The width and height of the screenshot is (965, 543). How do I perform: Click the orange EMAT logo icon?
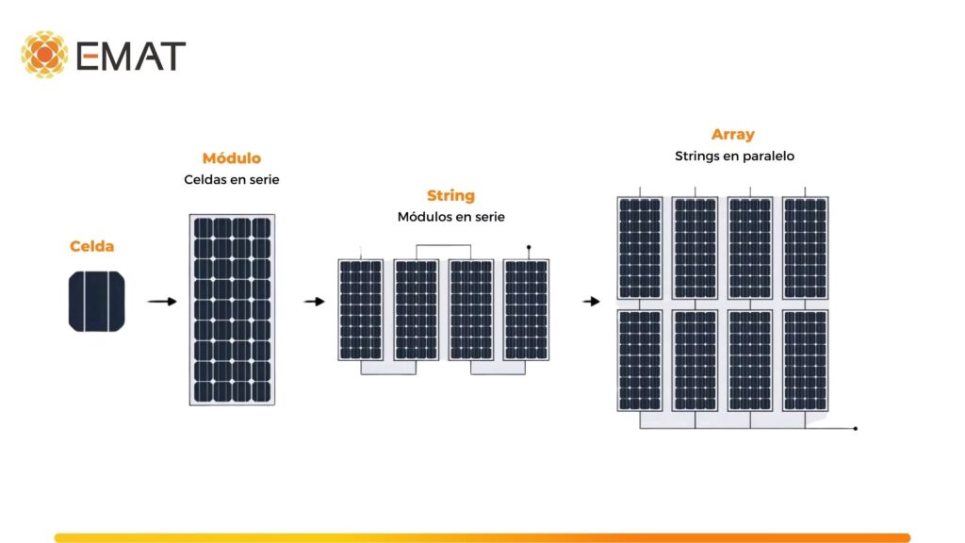pos(44,54)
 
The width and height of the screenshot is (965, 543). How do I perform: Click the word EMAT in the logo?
pos(131,56)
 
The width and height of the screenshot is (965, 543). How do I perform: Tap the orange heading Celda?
pos(91,246)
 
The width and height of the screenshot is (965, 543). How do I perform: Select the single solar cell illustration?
pos(97,302)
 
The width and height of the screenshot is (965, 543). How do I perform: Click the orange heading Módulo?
pos(232,158)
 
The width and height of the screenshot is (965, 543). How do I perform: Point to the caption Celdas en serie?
pos(232,179)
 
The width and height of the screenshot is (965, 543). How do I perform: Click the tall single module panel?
pos(233,310)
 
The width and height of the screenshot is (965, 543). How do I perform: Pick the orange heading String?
pos(450,196)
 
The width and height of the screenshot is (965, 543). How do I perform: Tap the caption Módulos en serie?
pos(450,217)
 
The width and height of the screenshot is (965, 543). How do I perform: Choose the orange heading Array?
pos(733,135)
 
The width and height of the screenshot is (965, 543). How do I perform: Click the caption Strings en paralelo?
pos(734,156)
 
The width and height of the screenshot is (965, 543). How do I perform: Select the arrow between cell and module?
pos(162,302)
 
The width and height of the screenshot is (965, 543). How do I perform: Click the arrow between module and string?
pos(314,302)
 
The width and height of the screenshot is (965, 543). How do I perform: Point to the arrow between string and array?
pos(591,302)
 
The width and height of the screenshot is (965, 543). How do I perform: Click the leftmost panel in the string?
pos(361,310)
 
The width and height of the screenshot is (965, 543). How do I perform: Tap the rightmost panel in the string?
pos(526,310)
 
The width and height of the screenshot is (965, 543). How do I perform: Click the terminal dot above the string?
pos(529,248)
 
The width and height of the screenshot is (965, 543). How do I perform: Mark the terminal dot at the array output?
pos(855,429)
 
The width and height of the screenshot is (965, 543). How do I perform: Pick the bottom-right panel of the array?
pos(805,360)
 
